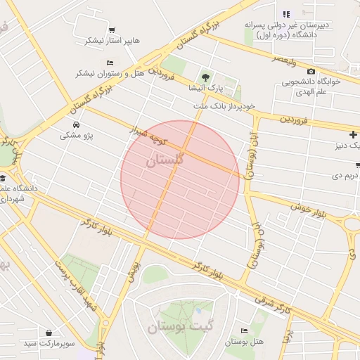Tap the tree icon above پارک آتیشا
(x=205, y=77)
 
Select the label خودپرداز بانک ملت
(x=223, y=105)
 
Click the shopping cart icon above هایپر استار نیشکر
(x=112, y=30)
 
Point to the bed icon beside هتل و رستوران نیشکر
(x=110, y=63)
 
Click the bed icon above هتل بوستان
(x=244, y=330)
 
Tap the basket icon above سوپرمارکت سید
(x=49, y=332)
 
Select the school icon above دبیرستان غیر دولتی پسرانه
(x=286, y=14)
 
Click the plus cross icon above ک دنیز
(x=352, y=134)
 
